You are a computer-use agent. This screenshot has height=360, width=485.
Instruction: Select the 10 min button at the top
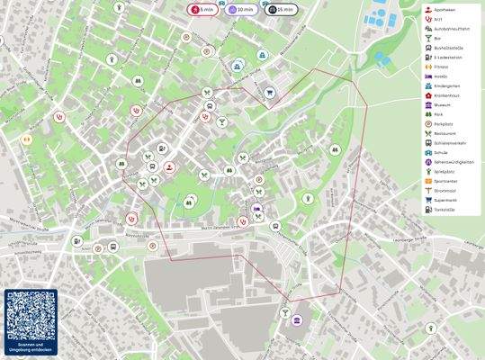[237, 9]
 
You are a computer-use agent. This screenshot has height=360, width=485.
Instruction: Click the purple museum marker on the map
[296, 343]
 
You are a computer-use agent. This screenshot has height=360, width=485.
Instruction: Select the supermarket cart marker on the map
[268, 91]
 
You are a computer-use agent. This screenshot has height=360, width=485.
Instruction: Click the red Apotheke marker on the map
[169, 167]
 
